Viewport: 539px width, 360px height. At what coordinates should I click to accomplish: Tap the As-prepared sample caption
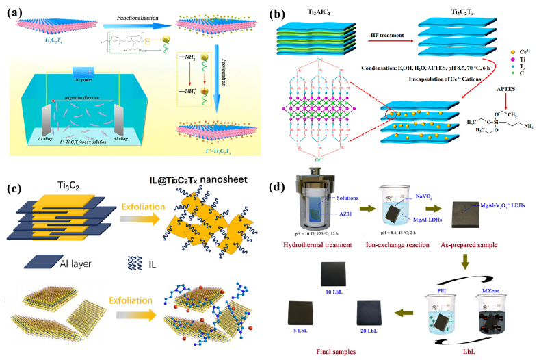[x=488, y=246]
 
